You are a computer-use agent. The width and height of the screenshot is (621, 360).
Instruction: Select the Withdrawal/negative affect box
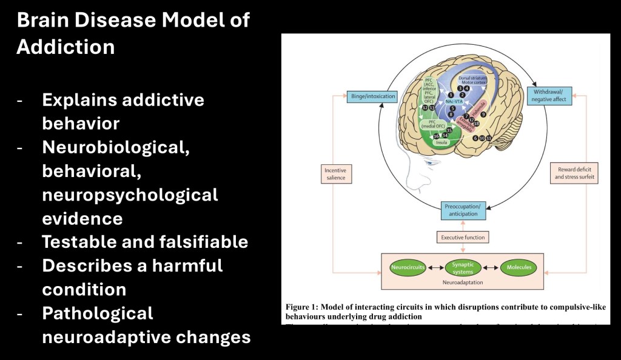pos(549,96)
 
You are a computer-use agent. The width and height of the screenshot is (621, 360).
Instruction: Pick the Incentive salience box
pos(335,175)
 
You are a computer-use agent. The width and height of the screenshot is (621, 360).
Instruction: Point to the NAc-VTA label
pos(463,102)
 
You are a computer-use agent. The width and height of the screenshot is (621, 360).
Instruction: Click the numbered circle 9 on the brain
pos(483,113)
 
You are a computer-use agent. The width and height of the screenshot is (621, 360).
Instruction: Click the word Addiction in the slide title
pos(65,47)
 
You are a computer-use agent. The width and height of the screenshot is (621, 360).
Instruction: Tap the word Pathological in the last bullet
pos(98,313)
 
